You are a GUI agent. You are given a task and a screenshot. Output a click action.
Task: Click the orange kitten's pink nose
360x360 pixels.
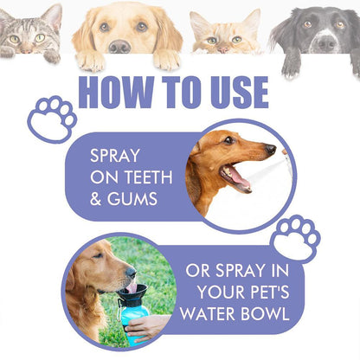point(223,50)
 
